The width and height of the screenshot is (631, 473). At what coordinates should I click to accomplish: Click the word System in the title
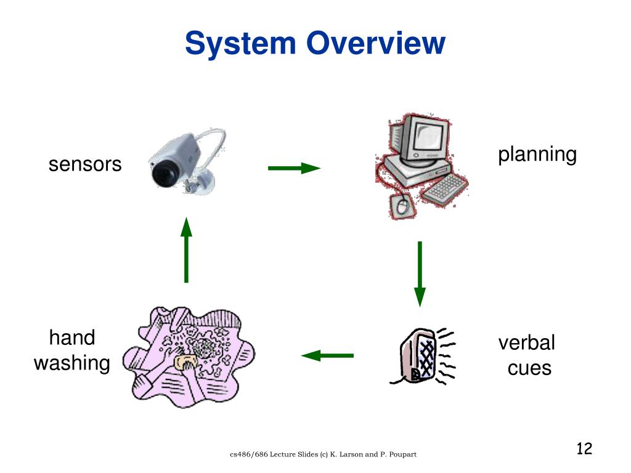240,44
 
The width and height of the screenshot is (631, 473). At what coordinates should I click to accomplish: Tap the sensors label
85,164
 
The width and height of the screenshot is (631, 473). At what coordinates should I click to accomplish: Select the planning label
537,155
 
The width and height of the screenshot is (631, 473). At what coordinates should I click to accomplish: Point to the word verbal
526,342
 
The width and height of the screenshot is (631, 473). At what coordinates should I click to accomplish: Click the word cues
529,368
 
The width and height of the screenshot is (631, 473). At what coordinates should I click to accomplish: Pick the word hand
72,337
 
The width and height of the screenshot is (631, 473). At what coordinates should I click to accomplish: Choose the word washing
72,363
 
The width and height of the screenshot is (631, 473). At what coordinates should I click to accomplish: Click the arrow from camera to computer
294,168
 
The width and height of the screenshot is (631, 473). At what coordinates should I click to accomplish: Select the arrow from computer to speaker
420,274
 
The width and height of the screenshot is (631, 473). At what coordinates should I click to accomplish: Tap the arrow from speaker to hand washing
327,355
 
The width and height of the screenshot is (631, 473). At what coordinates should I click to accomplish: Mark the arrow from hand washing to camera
186,250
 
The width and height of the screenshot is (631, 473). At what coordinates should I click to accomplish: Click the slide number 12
584,448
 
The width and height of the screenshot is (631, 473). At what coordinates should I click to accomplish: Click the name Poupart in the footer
402,455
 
